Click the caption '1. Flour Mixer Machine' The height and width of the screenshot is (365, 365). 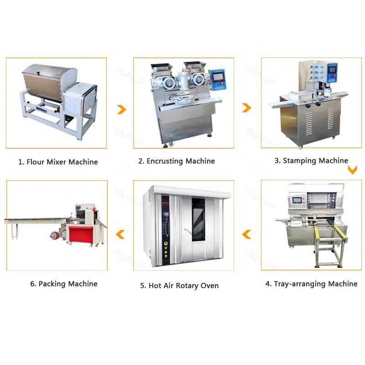[x=58, y=162]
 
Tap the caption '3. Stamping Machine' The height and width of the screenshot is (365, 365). [x=311, y=161]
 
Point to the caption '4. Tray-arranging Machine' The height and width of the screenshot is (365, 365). [x=311, y=284]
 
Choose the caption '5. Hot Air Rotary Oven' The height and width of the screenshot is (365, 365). [x=179, y=286]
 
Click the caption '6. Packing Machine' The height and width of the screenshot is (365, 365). [x=64, y=284]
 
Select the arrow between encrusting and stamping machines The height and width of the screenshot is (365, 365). [x=246, y=108]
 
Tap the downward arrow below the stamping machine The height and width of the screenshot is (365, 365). [x=352, y=170]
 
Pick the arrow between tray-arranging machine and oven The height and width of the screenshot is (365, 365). [x=246, y=235]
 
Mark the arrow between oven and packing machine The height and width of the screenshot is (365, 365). [x=120, y=235]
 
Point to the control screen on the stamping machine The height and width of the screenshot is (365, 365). [x=334, y=70]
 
